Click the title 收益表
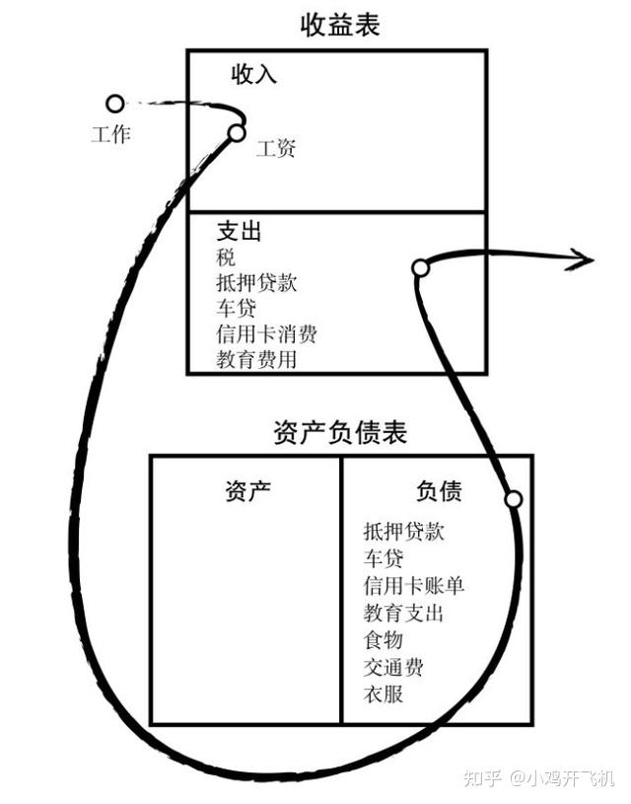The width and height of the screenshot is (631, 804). point(340,25)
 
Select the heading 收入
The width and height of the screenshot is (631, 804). point(253,74)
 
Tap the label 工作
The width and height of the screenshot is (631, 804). point(110,134)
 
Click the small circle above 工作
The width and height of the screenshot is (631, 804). point(114,104)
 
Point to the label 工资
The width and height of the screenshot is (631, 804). point(276,149)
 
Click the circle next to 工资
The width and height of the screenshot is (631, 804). point(237,133)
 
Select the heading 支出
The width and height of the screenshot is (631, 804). point(239,231)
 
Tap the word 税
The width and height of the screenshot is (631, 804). point(226,256)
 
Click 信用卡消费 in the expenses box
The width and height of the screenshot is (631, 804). point(266,333)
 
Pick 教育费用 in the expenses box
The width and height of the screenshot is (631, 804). point(256,359)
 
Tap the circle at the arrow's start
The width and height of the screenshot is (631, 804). point(420,267)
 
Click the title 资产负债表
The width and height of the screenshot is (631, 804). point(340,432)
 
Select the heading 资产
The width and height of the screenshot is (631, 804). point(247,490)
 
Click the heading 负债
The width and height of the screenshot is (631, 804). point(439,490)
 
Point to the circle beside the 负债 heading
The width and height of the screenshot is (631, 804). point(514,499)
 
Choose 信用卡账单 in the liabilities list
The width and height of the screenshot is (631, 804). point(414,585)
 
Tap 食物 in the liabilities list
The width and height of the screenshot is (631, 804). point(384,640)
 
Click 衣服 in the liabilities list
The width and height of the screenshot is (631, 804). point(384,694)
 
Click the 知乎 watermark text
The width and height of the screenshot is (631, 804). point(482,778)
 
